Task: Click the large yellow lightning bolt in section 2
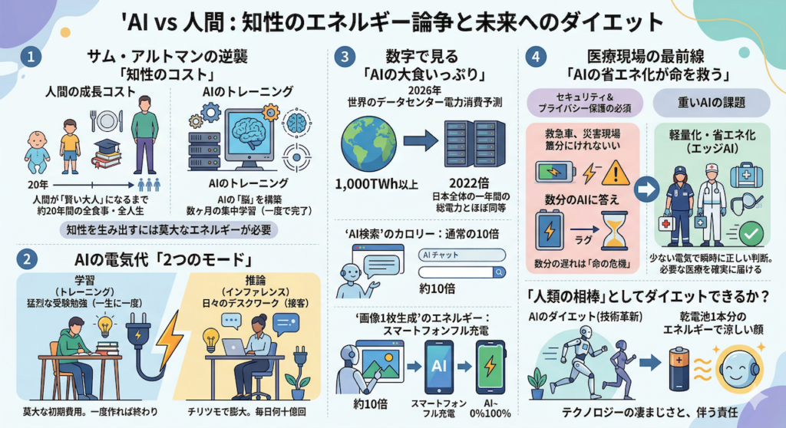pyautogui.click(x=169, y=337)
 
